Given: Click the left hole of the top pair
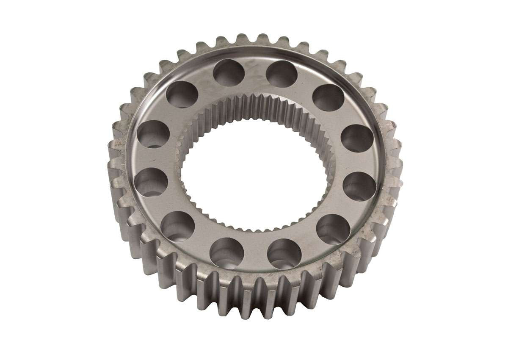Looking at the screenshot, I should [229, 73].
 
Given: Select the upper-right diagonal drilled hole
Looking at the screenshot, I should [328, 97].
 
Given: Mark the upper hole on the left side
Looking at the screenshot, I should [153, 135].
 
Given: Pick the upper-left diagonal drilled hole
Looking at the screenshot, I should [182, 94].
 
